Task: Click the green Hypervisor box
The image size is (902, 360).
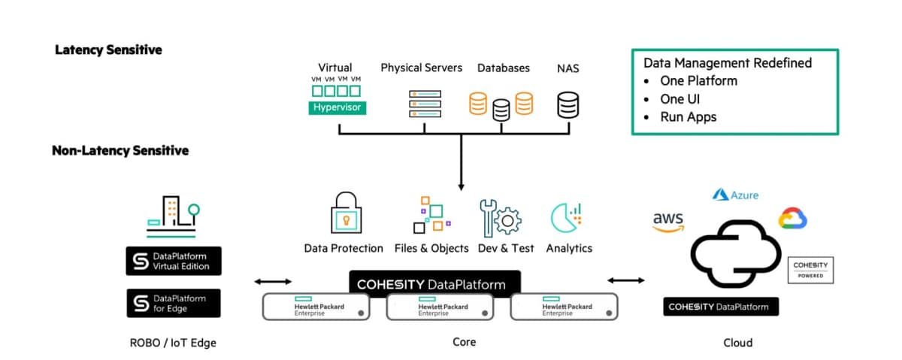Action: tap(338, 107)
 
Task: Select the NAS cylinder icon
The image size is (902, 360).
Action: tap(568, 104)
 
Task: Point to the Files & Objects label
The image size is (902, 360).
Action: tap(431, 248)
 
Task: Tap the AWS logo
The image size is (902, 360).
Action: tap(668, 222)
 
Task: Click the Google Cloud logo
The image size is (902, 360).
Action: tap(792, 218)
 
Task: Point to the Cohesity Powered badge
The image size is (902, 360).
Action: tap(811, 270)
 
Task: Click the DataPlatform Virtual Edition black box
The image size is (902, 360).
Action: tap(174, 261)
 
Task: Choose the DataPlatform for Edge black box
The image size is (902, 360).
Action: tap(174, 303)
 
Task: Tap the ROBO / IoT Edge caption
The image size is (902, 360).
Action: tap(173, 343)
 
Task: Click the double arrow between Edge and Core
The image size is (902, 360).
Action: tap(273, 281)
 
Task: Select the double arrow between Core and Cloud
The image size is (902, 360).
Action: tap(625, 280)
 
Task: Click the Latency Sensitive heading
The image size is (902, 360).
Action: tap(108, 50)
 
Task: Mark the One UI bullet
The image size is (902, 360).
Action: tap(680, 99)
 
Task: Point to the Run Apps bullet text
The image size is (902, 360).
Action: tap(688, 117)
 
